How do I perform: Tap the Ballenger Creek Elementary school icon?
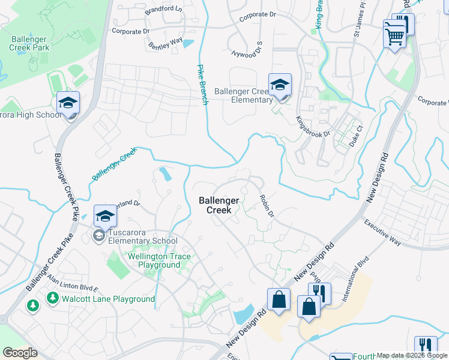click(280, 85)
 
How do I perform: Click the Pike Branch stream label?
click(203, 85)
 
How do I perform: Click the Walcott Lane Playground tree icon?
click(53, 298)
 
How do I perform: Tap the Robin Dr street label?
click(267, 206)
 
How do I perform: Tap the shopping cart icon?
click(394, 35)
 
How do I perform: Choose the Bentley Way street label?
click(165, 43)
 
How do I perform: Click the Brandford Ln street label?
click(163, 10)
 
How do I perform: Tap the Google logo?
click(20, 353)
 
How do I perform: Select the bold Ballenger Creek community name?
click(219, 205)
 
